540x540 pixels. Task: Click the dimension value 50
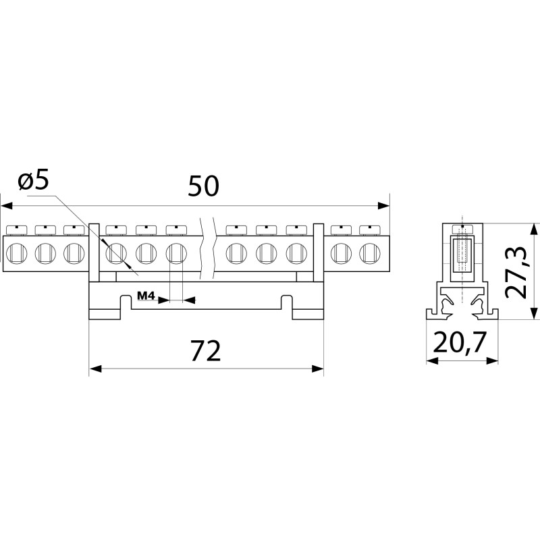[x=203, y=186]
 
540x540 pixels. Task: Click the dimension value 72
[x=206, y=350]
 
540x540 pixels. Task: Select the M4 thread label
[x=146, y=296]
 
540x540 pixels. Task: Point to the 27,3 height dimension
[x=516, y=272]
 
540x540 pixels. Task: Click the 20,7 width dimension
[x=460, y=342]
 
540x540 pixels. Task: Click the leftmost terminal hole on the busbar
[x=16, y=254]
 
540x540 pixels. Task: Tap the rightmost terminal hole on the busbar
[x=369, y=254]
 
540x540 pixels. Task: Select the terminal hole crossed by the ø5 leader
[x=116, y=254]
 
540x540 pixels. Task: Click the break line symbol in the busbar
[x=207, y=248]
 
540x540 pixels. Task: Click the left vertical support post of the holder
[x=94, y=252]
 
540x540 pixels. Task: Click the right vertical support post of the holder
[x=319, y=252]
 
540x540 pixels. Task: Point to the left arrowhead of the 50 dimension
[x=7, y=206]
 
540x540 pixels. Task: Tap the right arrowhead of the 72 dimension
[x=317, y=369]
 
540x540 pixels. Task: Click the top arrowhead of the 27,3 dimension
[x=534, y=229]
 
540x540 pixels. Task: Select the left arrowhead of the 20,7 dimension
[x=432, y=361]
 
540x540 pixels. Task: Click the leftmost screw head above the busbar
[x=17, y=230]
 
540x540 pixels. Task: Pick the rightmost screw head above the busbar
[x=369, y=230]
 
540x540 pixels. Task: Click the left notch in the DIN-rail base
[x=126, y=302]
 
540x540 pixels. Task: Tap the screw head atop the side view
[x=462, y=230]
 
